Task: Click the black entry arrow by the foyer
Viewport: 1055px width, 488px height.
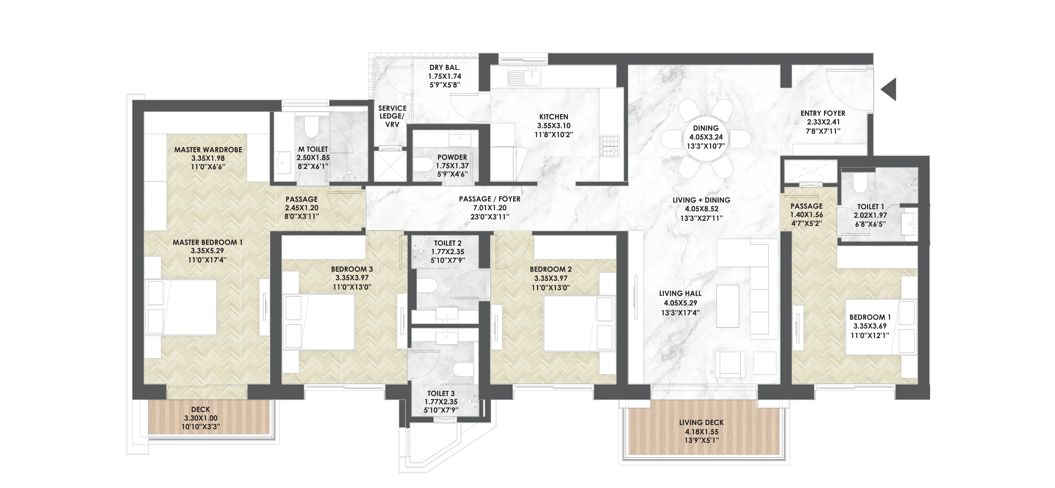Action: point(889,89)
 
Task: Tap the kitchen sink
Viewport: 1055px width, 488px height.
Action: point(524,77)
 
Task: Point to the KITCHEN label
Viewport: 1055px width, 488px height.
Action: point(554,117)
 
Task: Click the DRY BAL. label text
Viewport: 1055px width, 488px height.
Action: point(445,68)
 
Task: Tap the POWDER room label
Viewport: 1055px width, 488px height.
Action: point(452,157)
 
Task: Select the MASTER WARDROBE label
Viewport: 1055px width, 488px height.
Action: point(208,149)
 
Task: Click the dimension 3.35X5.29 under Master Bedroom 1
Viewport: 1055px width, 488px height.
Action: point(207,251)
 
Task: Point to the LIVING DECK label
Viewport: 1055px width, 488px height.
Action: point(702,423)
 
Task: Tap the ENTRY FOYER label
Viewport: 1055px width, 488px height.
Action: point(823,113)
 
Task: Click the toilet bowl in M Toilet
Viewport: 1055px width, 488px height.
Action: point(312,127)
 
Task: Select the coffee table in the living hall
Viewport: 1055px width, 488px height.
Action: point(728,306)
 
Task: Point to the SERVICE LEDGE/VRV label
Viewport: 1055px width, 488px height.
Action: point(392,116)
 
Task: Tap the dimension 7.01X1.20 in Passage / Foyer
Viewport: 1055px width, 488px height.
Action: point(490,208)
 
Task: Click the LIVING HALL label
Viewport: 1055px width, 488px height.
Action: point(680,293)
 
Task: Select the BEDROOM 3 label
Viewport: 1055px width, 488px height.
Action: point(352,269)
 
